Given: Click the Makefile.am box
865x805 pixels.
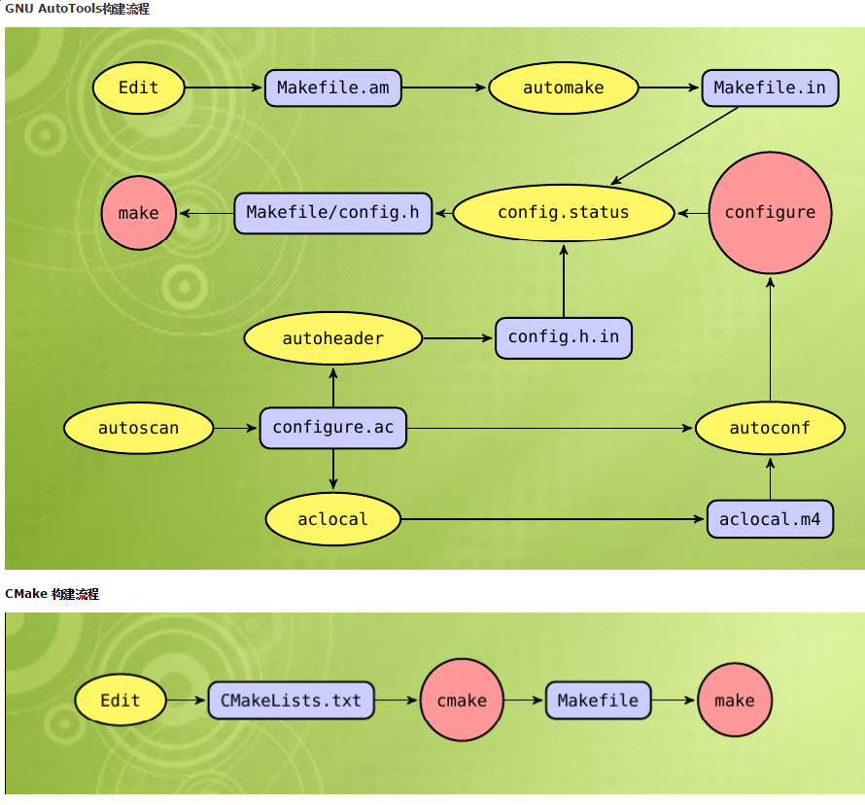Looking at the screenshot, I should [x=332, y=88].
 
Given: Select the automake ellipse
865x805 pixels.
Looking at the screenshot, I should [x=563, y=88].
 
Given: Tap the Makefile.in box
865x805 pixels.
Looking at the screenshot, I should [x=769, y=88].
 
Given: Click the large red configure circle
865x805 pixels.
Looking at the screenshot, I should [x=770, y=213].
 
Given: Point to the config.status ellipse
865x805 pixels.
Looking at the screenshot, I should [x=564, y=213].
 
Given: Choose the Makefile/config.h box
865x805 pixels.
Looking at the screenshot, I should [x=332, y=213].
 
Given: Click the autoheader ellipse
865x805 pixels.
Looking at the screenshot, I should [x=332, y=339].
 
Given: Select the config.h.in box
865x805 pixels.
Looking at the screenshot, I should [x=564, y=338].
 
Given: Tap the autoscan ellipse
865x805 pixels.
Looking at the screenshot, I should [x=138, y=429].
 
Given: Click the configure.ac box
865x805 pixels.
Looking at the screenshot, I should [x=332, y=429].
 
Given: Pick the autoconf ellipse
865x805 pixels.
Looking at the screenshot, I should [x=770, y=429].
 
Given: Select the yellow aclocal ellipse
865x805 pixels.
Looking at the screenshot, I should [x=332, y=519].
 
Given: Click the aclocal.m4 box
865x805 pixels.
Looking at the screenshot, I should [x=770, y=519].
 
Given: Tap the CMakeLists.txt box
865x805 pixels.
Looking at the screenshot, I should [x=291, y=700].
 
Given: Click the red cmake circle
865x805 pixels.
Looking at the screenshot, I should [x=462, y=700].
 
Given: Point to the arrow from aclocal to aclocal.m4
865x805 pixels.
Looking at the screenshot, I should [x=553, y=519].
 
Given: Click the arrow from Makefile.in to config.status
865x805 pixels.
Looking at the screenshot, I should [x=675, y=146].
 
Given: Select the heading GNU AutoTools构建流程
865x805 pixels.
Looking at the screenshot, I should [x=78, y=9].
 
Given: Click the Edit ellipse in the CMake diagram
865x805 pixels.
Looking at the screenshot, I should [x=121, y=700].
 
